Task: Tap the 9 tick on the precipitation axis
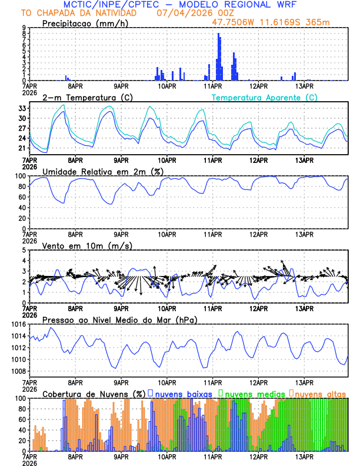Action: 23,28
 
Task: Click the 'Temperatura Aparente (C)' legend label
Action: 264,97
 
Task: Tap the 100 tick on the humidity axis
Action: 20,176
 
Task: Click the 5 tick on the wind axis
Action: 23,250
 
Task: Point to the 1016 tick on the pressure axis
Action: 18,325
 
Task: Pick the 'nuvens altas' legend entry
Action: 321,393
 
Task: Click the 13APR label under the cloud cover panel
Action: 304,456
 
